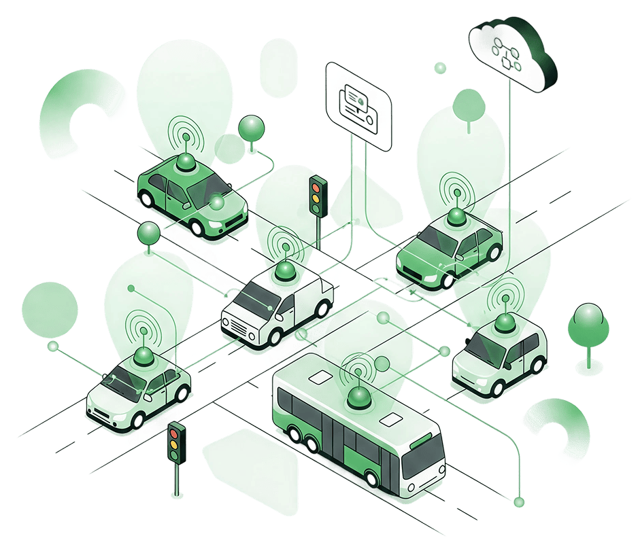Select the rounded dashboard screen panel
358,105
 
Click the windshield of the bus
422,463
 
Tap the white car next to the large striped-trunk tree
499,353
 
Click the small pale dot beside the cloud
440,67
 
